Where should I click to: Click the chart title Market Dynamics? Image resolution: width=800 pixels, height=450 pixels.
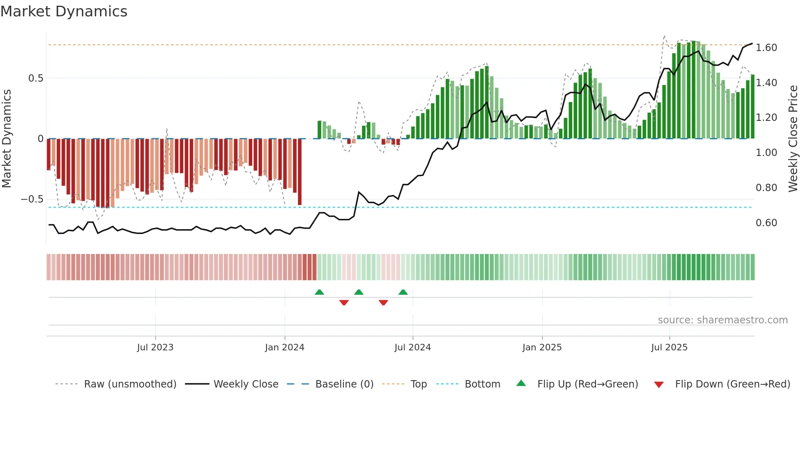tap(64, 11)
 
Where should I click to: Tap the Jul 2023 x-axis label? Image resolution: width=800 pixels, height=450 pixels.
tap(155, 348)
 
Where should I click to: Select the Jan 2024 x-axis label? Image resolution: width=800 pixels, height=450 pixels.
tap(284, 348)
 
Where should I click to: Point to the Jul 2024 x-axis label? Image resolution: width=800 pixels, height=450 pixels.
tap(412, 348)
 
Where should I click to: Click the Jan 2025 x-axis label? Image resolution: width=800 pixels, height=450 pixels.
tap(542, 348)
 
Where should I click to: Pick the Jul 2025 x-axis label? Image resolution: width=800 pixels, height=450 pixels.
tap(669, 348)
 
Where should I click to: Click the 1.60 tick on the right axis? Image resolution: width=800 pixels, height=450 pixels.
tap(766, 48)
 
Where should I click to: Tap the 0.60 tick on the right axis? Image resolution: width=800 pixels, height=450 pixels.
tap(766, 223)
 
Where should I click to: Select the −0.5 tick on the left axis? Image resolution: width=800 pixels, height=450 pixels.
tap(32, 199)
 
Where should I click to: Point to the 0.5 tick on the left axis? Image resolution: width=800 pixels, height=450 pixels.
tap(36, 78)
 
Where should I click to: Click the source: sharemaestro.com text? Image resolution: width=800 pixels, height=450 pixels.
tap(722, 320)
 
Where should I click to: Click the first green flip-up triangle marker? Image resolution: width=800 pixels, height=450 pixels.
tap(320, 292)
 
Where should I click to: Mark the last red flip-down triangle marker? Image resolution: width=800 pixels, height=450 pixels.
tap(383, 303)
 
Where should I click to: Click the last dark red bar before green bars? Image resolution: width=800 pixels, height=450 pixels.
tap(300, 172)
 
